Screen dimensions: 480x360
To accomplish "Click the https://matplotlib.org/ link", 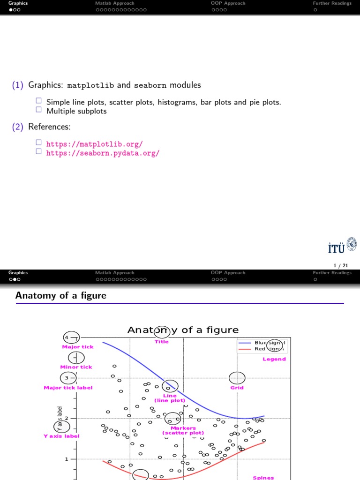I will coord(94,144).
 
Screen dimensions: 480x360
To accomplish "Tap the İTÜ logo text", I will coord(336,247).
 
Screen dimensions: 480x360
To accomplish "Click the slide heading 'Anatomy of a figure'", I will coord(61,295).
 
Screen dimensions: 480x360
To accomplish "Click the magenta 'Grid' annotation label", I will coord(237,388).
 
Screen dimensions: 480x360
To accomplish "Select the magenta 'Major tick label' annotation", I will coord(68,388).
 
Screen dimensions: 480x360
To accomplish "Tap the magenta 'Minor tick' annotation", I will coord(76,367).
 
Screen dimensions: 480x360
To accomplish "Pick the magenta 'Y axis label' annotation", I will coord(61,436).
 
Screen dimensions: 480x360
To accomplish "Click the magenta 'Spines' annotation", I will coord(263,478).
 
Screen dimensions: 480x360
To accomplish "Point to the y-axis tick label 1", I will coord(67,459).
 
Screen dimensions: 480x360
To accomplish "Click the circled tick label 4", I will coord(67,337).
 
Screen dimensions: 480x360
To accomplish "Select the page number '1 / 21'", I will coord(341,265).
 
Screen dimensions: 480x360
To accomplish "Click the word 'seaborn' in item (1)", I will coord(150,85).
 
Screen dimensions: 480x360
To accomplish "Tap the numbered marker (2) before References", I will coord(18,127).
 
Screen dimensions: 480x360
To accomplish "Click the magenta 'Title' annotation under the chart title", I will coord(162,342).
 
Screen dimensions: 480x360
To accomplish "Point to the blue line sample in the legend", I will coord(245,343).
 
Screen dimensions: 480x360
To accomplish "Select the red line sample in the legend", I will coord(245,349).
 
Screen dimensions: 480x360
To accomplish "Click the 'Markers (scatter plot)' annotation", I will coord(183,430).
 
